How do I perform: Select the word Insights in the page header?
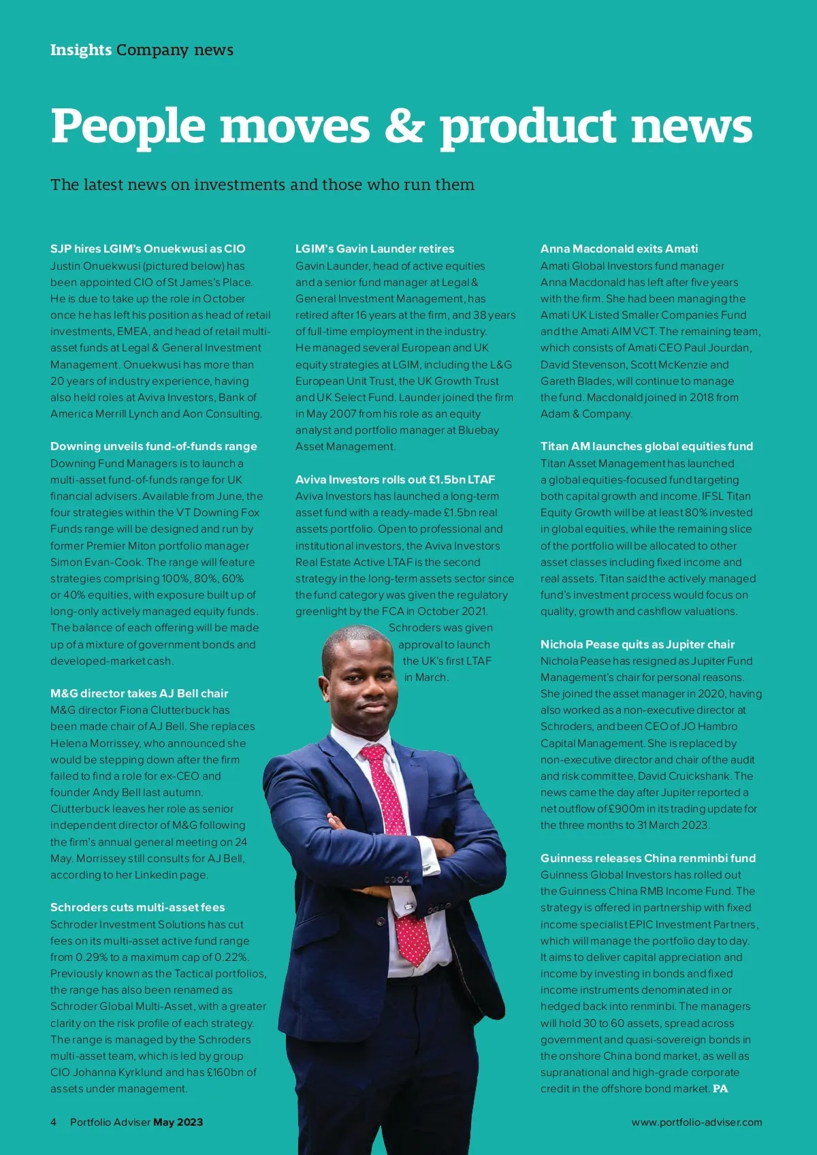click(81, 50)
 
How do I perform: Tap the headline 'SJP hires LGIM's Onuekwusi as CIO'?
click(148, 249)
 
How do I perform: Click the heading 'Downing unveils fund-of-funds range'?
click(154, 446)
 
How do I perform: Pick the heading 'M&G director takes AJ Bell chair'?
click(140, 693)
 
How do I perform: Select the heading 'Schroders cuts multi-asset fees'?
click(138, 907)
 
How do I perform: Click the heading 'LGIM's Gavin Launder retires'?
click(374, 249)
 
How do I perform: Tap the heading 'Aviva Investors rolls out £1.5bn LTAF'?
click(395, 479)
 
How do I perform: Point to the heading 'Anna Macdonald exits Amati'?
click(619, 249)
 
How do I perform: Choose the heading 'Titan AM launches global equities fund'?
click(647, 446)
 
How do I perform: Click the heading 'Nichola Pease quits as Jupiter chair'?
click(637, 644)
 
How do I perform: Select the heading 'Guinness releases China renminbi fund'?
click(648, 858)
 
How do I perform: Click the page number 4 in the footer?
click(53, 1122)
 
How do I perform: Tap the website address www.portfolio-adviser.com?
click(696, 1122)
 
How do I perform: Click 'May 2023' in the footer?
click(178, 1122)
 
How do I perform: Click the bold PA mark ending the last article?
click(720, 1089)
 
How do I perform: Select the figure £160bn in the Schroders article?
click(221, 1073)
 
